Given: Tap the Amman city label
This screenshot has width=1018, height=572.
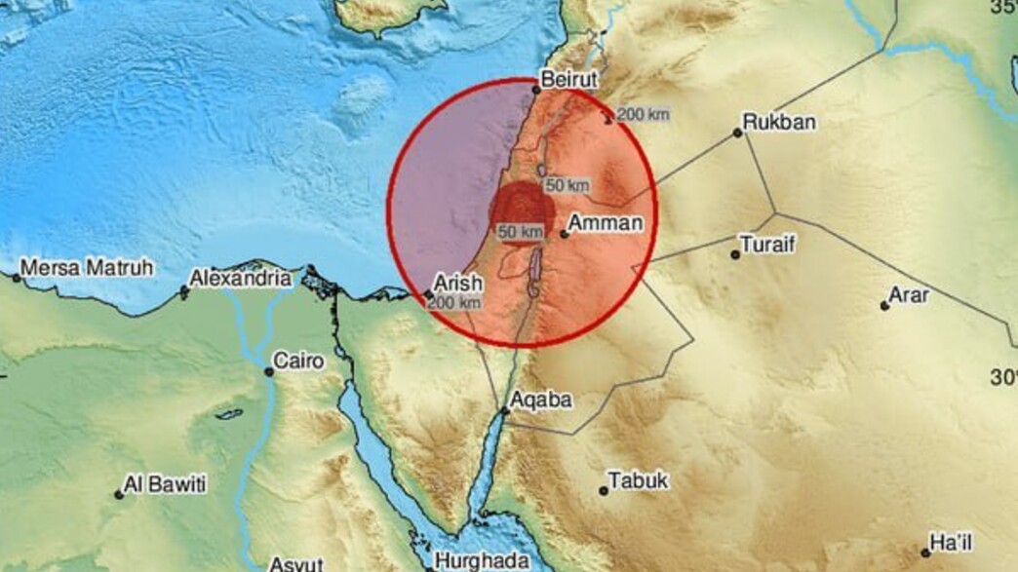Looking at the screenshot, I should coord(605,224).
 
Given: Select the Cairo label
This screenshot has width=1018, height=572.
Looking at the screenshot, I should coord(298,362).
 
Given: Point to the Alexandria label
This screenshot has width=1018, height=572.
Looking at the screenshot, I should coord(240,279).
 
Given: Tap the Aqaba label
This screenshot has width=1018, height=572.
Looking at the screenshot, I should coord(542,400).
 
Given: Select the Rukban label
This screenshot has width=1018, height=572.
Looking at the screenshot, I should coord(779,123).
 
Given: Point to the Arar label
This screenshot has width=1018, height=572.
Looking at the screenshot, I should coord(909,295).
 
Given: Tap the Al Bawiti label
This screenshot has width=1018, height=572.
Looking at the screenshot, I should coord(166,484).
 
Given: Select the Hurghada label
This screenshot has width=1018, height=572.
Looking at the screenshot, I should coord(483,561).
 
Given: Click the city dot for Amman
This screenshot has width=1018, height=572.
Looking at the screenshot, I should coord(564,234).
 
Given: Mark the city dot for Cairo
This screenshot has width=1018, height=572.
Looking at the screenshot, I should coord(269,371).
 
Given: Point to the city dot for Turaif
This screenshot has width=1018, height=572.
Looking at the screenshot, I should coord(735,255).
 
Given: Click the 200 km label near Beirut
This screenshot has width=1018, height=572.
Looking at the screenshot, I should coord(644,115).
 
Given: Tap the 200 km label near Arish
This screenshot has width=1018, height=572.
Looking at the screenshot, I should coord(454,302).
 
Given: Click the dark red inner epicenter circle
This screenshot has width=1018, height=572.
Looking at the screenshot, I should coord(522,208).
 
